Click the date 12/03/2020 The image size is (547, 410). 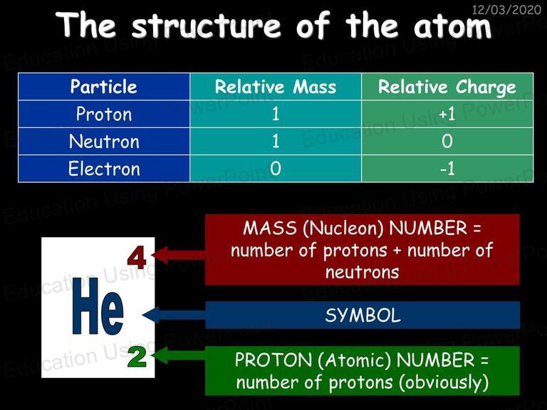point(506,9)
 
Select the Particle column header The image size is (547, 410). point(103,86)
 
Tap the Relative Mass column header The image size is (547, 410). point(276,87)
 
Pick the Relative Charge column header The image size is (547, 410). point(447,87)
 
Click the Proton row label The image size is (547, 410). point(104,114)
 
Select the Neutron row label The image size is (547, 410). point(104,142)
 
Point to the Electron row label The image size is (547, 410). point(104,169)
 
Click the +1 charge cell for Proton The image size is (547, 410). point(447,114)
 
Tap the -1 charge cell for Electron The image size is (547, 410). point(447,169)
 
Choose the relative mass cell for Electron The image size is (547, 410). point(276,169)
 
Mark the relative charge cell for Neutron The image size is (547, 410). point(447,141)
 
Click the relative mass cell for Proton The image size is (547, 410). point(276,114)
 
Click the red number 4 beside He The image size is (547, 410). point(137,258)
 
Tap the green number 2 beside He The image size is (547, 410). point(137,357)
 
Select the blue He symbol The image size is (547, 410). point(98,306)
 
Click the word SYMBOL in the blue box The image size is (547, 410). point(363,315)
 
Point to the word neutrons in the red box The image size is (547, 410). point(362,273)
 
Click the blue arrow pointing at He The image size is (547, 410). point(174,315)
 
